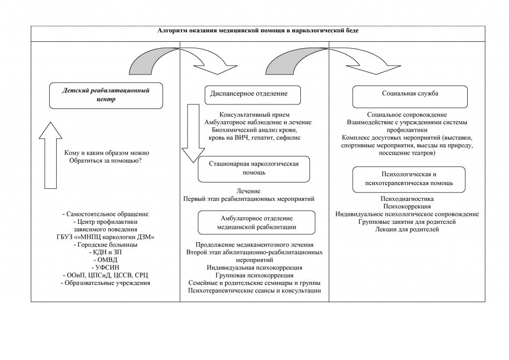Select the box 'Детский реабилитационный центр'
(106, 95)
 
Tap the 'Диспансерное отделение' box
(253, 95)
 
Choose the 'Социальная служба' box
(410, 96)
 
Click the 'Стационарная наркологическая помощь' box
(254, 169)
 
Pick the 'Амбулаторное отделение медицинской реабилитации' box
(256, 222)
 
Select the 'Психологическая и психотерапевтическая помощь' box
(409, 180)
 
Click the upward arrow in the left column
(50, 155)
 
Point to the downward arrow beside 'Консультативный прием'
(193, 133)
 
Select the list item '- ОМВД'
(105, 260)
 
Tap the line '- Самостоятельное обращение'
(105, 214)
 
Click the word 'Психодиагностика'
(407, 199)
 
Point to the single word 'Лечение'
(249, 191)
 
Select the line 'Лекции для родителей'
(407, 229)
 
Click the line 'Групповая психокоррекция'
(254, 275)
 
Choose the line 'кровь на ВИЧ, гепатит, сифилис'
(254, 138)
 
